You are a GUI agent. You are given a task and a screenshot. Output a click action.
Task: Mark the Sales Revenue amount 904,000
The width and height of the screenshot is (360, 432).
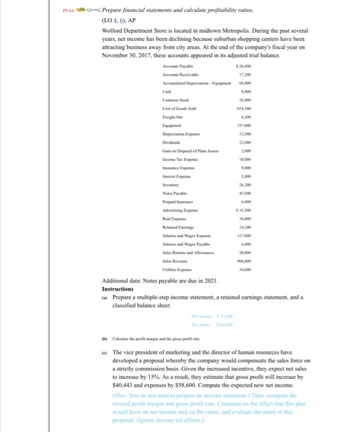point(226,278)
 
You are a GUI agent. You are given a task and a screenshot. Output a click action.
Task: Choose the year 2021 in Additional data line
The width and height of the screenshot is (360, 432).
point(208,297)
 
